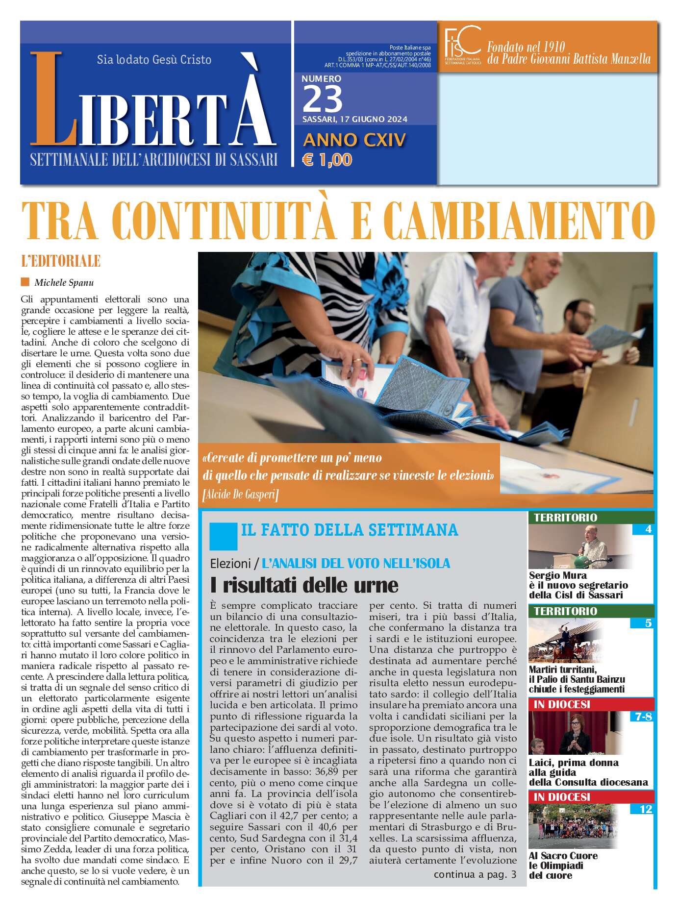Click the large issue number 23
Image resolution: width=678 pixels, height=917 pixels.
click(x=323, y=99)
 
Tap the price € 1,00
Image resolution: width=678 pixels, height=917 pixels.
click(x=327, y=160)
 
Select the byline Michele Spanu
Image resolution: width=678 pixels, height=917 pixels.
click(x=64, y=283)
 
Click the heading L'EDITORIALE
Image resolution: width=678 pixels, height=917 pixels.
click(x=61, y=261)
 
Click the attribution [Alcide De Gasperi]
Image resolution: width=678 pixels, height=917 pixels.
click(x=240, y=495)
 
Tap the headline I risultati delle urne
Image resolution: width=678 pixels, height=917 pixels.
click(x=304, y=585)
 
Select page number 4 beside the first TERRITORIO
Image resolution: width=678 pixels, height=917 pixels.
click(x=648, y=529)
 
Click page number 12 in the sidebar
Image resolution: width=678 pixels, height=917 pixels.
click(x=646, y=809)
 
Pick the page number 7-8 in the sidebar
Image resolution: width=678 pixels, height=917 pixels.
click(x=643, y=716)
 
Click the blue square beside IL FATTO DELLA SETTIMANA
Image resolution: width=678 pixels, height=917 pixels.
click(x=223, y=536)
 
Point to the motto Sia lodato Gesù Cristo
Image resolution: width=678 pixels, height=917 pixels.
click(x=154, y=60)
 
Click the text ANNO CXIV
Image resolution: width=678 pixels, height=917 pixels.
click(x=354, y=140)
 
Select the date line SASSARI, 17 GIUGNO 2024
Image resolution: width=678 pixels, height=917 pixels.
click(x=354, y=119)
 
